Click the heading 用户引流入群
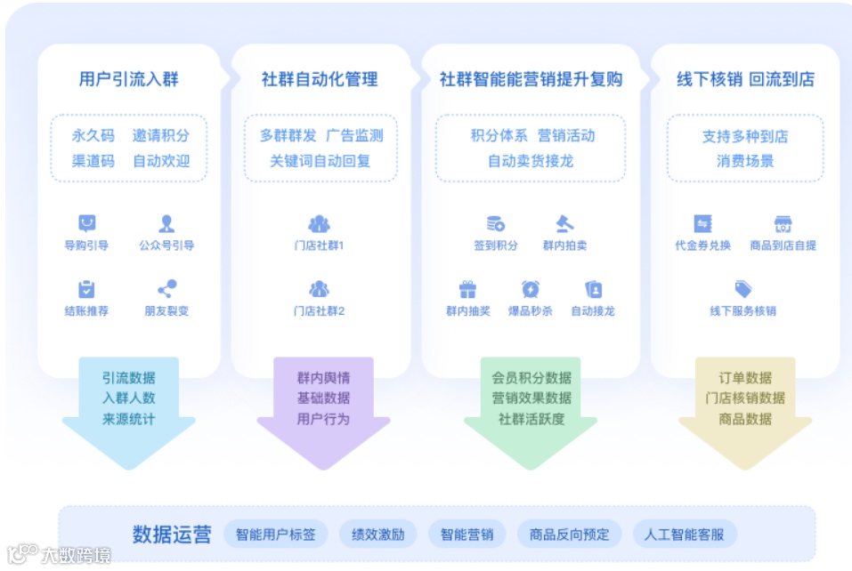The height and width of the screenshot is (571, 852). (x=128, y=79)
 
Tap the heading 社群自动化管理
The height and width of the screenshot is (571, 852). (x=320, y=79)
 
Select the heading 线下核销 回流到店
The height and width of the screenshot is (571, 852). (x=745, y=79)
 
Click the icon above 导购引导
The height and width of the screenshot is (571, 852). (x=86, y=224)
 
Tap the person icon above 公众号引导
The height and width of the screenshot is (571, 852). (x=166, y=224)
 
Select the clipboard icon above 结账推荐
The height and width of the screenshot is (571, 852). (x=86, y=289)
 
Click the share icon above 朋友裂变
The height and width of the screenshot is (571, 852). (x=166, y=289)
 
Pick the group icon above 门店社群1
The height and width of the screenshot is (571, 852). (x=319, y=224)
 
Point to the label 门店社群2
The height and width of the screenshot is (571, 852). (x=319, y=311)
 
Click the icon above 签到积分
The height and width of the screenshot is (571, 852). (x=495, y=224)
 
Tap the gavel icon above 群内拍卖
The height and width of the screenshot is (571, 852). (x=564, y=224)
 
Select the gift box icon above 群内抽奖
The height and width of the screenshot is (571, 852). (x=467, y=289)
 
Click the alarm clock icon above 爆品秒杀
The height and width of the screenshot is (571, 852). (x=531, y=289)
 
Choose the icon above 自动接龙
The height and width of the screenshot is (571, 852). (x=593, y=289)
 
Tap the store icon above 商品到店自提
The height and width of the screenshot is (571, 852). (x=783, y=224)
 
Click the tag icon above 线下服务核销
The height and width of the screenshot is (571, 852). (x=742, y=289)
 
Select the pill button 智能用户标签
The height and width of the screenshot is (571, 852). (x=275, y=535)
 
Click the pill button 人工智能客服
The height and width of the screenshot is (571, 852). (x=685, y=535)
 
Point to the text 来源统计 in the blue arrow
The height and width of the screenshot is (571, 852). (x=128, y=419)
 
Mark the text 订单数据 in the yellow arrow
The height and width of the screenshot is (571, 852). (x=745, y=378)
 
